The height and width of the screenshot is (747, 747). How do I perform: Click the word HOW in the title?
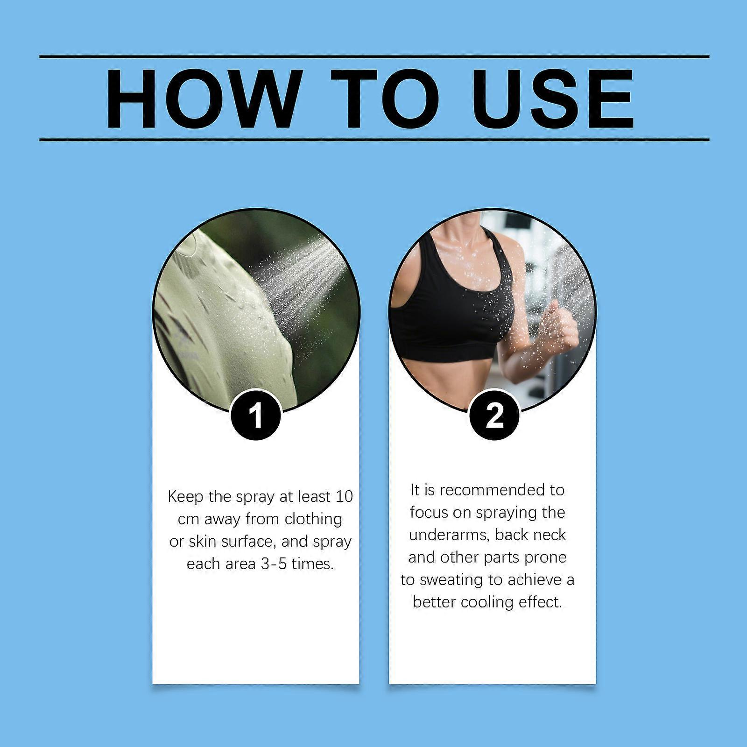(202, 99)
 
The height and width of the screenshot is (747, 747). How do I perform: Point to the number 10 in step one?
(344, 497)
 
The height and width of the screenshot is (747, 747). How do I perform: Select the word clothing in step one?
(313, 520)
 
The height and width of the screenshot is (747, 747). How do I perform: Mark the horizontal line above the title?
(374, 57)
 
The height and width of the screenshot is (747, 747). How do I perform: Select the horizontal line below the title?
(374, 139)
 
